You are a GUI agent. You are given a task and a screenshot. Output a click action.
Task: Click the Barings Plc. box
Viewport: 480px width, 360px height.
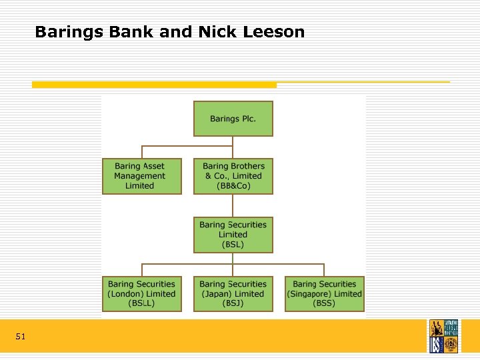point(233,119)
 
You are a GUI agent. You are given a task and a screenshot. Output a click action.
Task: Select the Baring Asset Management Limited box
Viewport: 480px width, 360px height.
point(141,176)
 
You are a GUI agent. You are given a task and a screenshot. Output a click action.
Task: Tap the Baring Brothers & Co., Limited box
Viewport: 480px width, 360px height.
point(233,176)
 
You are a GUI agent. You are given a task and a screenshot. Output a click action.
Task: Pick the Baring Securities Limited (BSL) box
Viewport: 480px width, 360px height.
point(233,235)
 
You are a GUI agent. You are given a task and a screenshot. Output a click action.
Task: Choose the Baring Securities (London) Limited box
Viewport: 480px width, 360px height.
point(141,294)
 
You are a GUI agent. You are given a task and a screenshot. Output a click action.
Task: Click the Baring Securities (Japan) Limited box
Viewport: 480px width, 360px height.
point(233,294)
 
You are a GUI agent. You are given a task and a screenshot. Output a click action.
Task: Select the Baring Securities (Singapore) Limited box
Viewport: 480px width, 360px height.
point(324,294)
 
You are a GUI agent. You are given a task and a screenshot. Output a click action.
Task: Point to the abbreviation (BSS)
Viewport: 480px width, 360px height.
point(325,303)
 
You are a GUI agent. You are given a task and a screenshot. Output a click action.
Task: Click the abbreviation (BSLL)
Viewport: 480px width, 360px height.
point(141,303)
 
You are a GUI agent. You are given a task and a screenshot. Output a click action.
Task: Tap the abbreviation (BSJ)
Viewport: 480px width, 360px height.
point(233,303)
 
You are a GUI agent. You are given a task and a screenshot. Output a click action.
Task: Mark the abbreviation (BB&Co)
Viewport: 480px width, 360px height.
point(233,186)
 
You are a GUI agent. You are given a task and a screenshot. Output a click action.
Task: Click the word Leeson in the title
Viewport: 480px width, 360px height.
point(275,31)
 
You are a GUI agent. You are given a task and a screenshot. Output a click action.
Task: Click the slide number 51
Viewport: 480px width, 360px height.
point(21,337)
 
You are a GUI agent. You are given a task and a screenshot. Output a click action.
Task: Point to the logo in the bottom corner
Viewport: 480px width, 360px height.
point(443,335)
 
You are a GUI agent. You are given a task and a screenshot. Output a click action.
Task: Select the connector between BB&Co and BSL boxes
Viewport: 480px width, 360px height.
point(233,205)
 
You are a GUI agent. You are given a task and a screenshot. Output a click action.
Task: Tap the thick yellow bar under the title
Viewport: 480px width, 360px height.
point(154,85)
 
